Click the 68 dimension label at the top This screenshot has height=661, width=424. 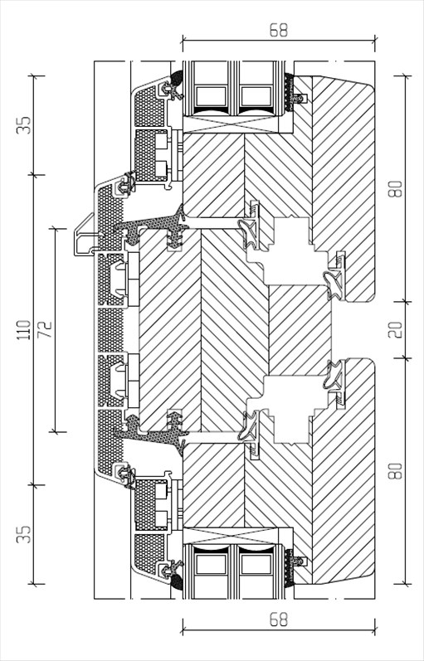point(279,31)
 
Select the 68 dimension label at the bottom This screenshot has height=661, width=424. point(279,620)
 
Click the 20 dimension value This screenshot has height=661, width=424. point(396,329)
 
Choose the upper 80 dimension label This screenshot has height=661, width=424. point(396,188)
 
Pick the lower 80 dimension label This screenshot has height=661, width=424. point(396,470)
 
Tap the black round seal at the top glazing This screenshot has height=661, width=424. point(178,77)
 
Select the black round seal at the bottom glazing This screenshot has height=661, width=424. point(178,582)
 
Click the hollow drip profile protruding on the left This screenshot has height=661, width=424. point(84,236)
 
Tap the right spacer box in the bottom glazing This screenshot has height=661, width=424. point(256,565)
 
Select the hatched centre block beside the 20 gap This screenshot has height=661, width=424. point(300,330)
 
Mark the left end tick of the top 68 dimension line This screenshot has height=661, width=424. point(183,41)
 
